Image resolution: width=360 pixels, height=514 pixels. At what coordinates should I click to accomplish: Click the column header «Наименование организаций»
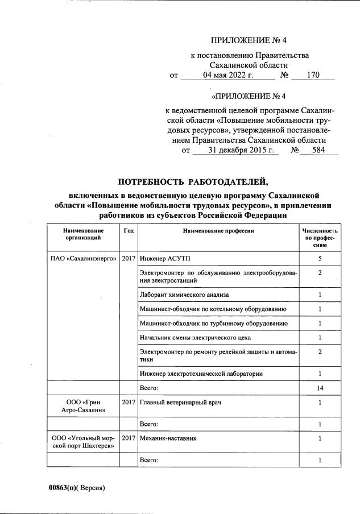84,234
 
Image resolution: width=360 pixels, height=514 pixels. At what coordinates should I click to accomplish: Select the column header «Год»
129,231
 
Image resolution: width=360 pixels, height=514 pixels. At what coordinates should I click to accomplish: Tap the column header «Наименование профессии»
218,231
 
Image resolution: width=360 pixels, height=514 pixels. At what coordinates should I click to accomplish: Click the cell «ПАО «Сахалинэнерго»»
84,259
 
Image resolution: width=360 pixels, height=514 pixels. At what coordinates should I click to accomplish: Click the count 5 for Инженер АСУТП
320,259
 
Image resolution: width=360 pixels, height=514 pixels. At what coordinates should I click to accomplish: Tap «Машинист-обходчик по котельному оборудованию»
212,309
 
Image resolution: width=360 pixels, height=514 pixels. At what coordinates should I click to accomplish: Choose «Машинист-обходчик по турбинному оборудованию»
213,324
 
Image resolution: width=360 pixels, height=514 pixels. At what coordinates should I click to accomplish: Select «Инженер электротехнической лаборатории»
201,374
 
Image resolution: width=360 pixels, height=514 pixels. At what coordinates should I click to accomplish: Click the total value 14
320,388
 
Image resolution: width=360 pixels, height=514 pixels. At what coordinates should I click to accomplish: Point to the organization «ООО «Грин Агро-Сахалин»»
84,407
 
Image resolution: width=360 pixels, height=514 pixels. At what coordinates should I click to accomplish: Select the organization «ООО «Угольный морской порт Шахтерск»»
84,442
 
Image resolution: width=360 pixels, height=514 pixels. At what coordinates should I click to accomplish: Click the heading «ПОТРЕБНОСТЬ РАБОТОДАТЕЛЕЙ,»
192,182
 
